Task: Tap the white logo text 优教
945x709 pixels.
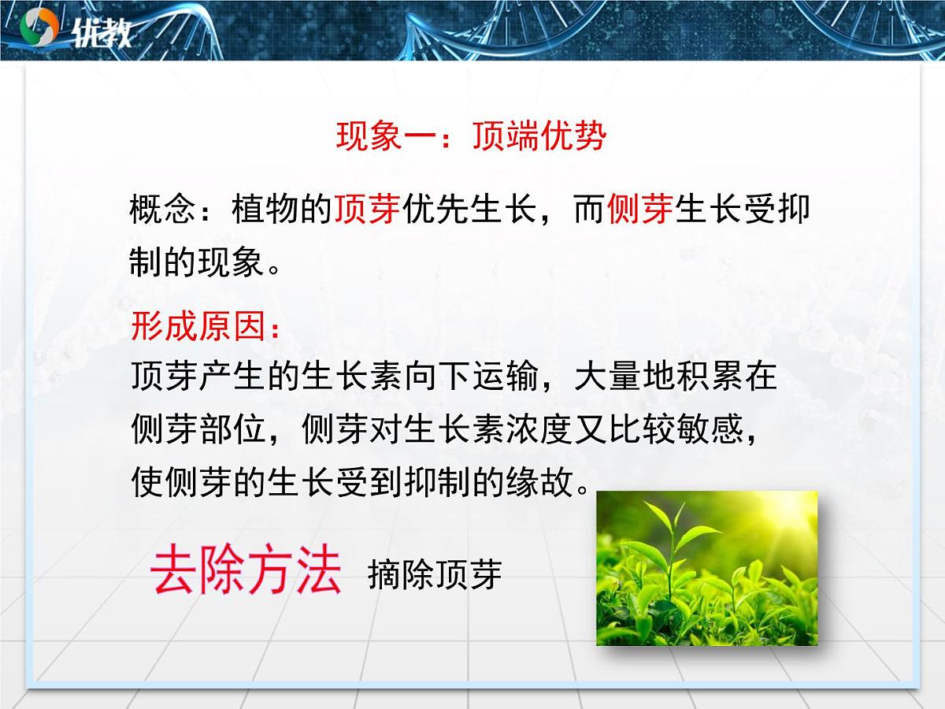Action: click(101, 32)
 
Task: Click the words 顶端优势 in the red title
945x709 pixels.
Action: click(539, 137)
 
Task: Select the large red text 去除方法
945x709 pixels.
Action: click(246, 570)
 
